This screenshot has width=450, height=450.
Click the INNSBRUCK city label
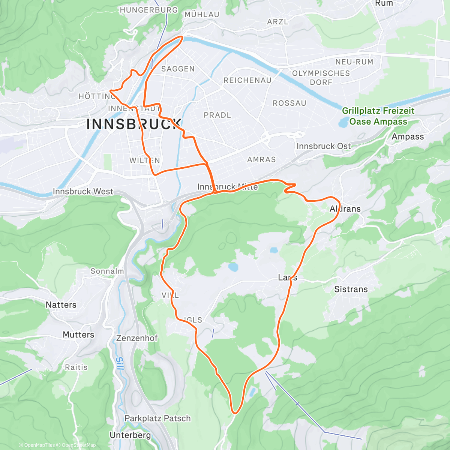pyautogui.click(x=134, y=124)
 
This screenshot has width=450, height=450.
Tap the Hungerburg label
pyautogui.click(x=149, y=10)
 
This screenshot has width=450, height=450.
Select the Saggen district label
pyautogui.click(x=178, y=69)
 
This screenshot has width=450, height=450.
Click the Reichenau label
pyautogui.click(x=247, y=81)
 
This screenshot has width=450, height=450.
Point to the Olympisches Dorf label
pyautogui.click(x=321, y=78)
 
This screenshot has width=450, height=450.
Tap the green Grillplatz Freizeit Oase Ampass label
pyautogui.click(x=378, y=116)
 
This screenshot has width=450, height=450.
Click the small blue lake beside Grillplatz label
pyautogui.click(x=343, y=122)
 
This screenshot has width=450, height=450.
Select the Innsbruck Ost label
pyautogui.click(x=324, y=146)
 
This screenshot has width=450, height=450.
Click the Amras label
pyautogui.click(x=261, y=160)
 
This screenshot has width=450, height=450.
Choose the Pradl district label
pyautogui.click(x=217, y=115)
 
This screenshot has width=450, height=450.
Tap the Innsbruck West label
pyautogui.click(x=83, y=192)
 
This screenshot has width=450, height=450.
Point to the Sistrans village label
pyautogui.click(x=351, y=289)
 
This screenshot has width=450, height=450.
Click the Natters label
pyautogui.click(x=61, y=305)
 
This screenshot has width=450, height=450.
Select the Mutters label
pyautogui.click(x=78, y=334)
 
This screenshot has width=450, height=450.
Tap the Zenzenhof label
pyautogui.click(x=137, y=338)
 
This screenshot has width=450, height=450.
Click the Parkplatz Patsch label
pyautogui.click(x=157, y=418)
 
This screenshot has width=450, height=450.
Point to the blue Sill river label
pyautogui.click(x=119, y=364)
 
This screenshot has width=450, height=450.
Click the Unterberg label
pyautogui.click(x=130, y=435)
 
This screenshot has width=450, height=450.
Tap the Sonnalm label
pyautogui.click(x=107, y=271)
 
